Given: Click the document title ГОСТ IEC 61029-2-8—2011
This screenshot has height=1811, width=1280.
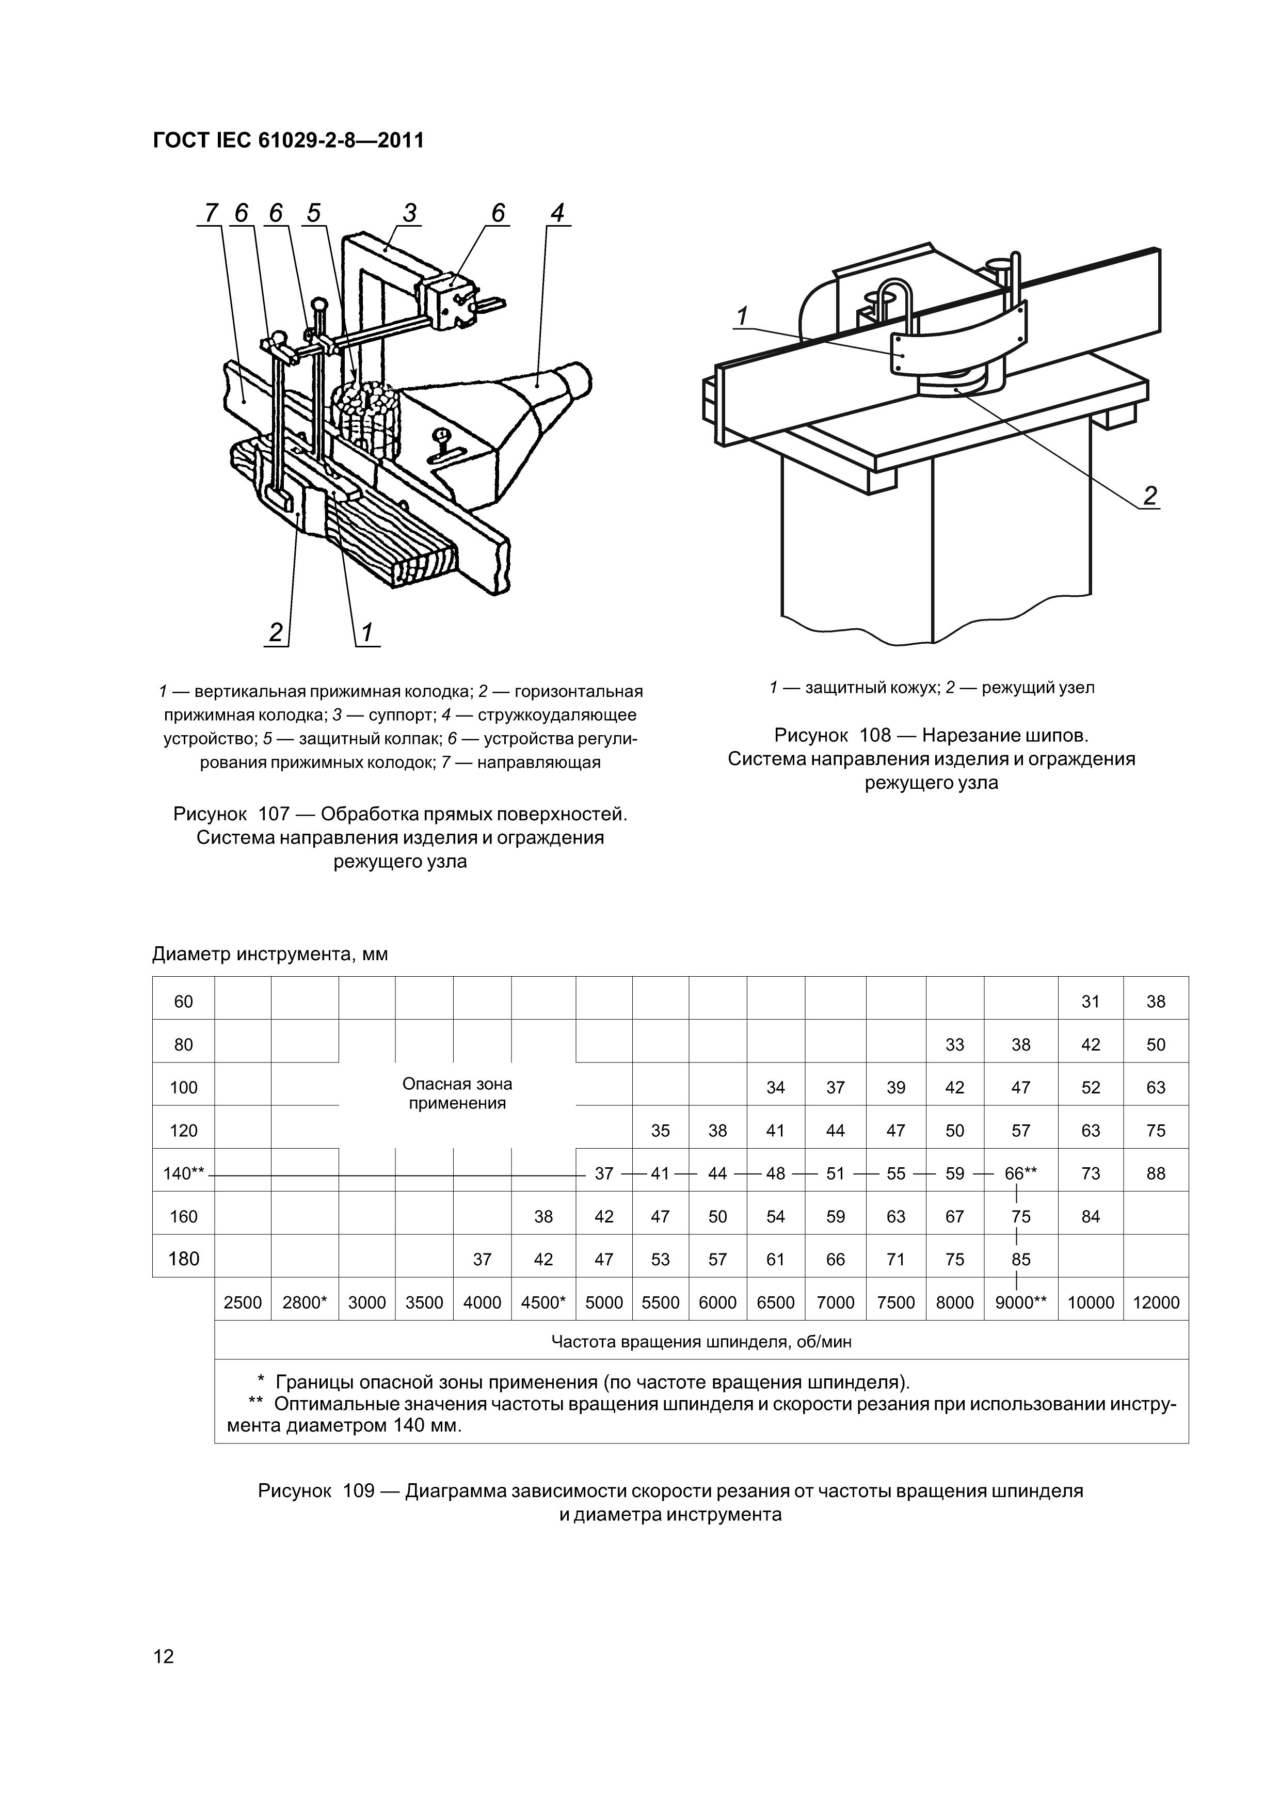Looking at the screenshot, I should click(x=288, y=140).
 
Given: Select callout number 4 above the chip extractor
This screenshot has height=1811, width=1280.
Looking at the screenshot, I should click(x=557, y=213).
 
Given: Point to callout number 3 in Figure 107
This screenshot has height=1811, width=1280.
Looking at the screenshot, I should click(x=409, y=213).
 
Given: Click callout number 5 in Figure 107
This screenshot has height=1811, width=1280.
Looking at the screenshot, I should click(x=314, y=213).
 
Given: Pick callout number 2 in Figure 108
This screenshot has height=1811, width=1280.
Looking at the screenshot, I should click(x=1150, y=496).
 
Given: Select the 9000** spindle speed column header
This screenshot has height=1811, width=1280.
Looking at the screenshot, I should click(x=1020, y=1302).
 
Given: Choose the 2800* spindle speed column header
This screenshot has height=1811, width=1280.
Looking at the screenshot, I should click(x=305, y=1302).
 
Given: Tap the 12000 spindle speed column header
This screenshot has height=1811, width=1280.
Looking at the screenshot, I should click(x=1156, y=1302).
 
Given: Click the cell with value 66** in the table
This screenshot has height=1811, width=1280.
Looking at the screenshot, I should click(x=1020, y=1173).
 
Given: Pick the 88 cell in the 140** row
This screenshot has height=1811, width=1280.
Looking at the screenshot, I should click(x=1156, y=1173).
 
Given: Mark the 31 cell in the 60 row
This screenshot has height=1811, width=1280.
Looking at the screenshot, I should click(x=1090, y=1002).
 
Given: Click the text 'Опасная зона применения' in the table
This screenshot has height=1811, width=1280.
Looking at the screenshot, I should click(x=457, y=1094).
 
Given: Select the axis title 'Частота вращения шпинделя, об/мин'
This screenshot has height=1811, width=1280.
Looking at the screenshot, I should click(x=700, y=1342).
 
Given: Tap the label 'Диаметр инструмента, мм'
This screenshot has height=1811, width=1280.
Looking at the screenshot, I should click(x=270, y=955).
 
